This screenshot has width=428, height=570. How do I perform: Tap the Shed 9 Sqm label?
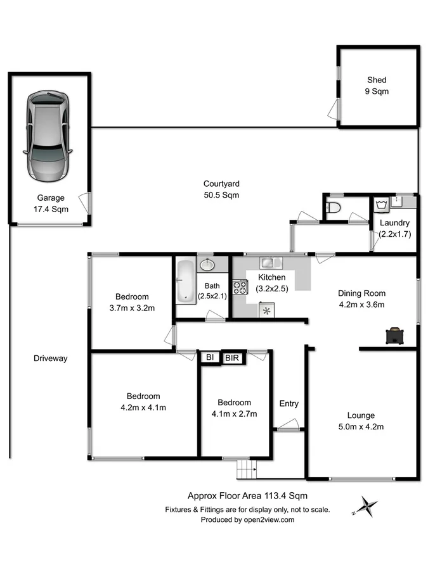pyautogui.click(x=377, y=85)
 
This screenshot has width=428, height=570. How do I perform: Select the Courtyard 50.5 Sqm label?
pyautogui.click(x=221, y=189)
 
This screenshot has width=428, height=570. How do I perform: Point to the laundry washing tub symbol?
pyautogui.click(x=382, y=205)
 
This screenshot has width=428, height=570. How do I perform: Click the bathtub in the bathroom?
pyautogui.click(x=186, y=280)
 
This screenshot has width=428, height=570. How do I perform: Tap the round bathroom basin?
pyautogui.click(x=207, y=265)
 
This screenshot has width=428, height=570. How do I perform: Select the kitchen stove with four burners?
pyautogui.click(x=240, y=288)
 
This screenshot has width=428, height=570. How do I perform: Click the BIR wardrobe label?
pyautogui.click(x=233, y=358)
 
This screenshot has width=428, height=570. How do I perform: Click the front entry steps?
pyautogui.click(x=246, y=470)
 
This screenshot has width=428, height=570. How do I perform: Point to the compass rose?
pyautogui.click(x=365, y=507)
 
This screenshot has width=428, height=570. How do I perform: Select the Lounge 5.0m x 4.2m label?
pyautogui.click(x=365, y=421)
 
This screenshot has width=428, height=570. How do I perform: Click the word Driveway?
pyautogui.click(x=50, y=358)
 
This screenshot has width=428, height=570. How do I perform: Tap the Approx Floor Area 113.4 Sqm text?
pyautogui.click(x=248, y=497)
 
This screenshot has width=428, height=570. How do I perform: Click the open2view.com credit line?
pyautogui.click(x=247, y=519)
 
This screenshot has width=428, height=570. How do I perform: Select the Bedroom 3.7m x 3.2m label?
pyautogui.click(x=132, y=302)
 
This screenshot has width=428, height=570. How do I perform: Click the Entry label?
pyautogui.click(x=289, y=403)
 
